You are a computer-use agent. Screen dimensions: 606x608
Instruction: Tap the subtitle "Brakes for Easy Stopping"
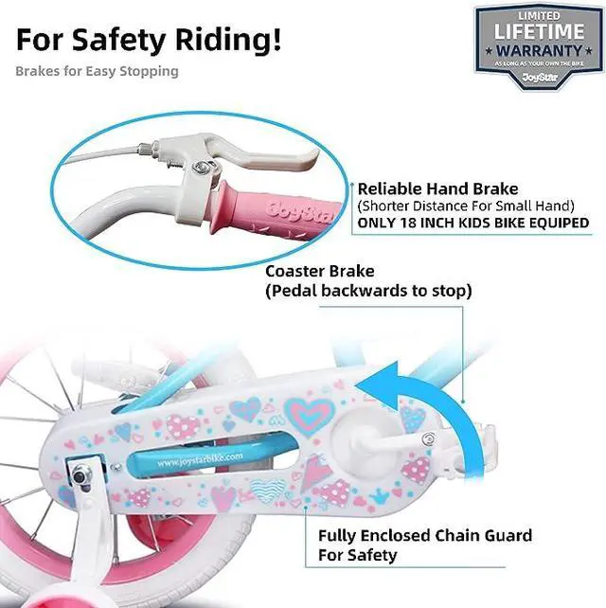97,70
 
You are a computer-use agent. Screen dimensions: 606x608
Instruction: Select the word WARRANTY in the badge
539,48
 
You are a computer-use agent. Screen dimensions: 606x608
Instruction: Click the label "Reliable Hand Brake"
428,188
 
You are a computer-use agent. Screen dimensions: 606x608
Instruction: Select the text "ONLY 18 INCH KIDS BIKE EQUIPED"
472,223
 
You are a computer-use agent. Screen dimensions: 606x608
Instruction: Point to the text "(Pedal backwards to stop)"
368,290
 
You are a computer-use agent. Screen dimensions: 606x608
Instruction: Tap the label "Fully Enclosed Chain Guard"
425,536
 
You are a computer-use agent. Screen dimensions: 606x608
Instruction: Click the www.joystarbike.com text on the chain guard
202,460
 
